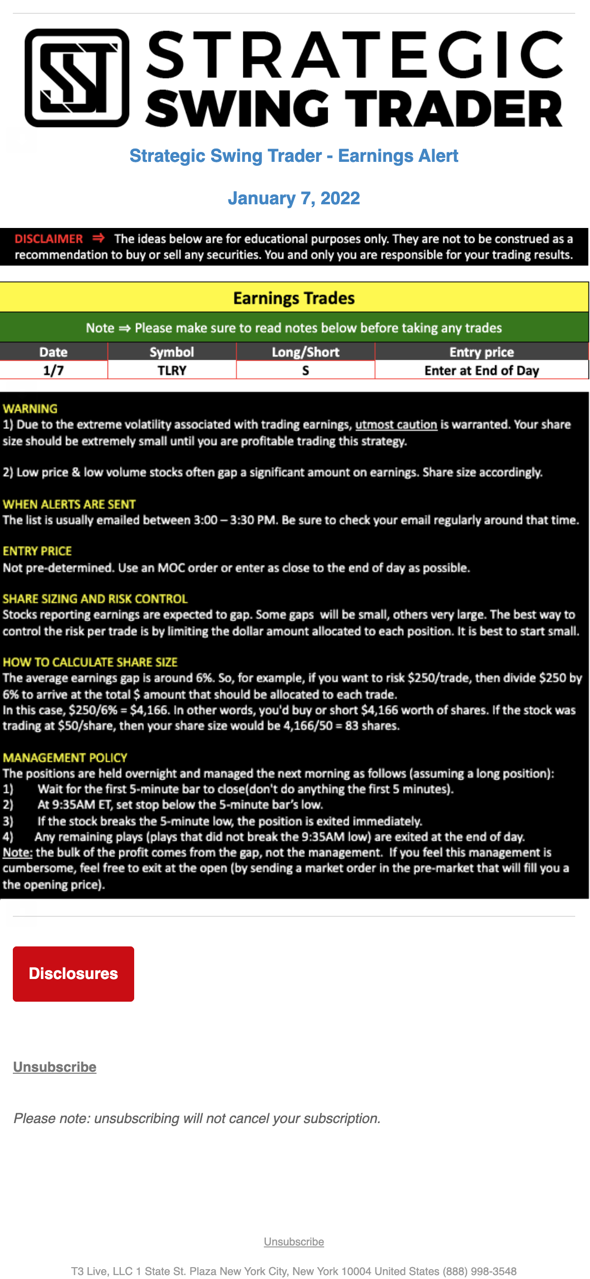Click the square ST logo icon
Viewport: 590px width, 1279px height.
77,78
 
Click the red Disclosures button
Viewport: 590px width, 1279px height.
74,973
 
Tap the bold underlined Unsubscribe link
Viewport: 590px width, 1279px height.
55,1067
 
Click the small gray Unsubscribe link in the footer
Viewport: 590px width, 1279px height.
294,1241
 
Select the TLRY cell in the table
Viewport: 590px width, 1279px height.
172,371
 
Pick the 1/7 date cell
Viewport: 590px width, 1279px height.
53,371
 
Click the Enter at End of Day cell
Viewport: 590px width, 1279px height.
481,371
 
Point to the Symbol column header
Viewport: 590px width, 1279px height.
172,352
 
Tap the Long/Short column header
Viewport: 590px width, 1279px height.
305,352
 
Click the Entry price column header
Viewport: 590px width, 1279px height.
481,352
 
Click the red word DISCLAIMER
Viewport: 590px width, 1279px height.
49,239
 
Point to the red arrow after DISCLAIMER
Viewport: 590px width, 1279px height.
99,238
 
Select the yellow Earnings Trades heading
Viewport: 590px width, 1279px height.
294,298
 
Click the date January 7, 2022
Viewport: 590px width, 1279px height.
294,198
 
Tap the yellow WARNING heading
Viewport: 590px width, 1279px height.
30,409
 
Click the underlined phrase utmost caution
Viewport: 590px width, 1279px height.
396,424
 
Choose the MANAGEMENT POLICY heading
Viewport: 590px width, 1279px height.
65,757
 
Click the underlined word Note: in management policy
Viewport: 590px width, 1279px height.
17,853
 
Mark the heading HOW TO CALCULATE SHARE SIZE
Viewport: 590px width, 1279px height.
90,662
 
